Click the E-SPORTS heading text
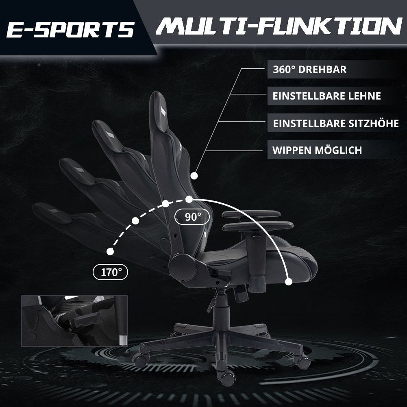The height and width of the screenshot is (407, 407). click(x=70, y=29)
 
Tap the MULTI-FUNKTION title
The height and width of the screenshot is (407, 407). click(x=279, y=26)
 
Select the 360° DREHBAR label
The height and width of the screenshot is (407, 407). click(x=310, y=70)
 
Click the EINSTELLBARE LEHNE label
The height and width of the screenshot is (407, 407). click(x=327, y=96)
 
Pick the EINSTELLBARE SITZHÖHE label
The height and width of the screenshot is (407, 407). click(x=336, y=123)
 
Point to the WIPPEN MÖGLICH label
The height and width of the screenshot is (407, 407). click(x=317, y=150)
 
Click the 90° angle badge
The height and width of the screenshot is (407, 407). click(x=192, y=217)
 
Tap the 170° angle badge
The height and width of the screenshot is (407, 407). click(x=110, y=272)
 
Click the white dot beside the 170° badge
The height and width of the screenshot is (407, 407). click(x=110, y=252)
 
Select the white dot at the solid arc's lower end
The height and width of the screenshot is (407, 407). click(x=289, y=282)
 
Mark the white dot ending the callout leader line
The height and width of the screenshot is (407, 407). click(x=194, y=176)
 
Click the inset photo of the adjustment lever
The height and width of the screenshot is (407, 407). click(x=74, y=320)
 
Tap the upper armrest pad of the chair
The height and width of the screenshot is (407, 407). click(x=251, y=214)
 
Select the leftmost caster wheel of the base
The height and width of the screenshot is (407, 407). click(x=141, y=360)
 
